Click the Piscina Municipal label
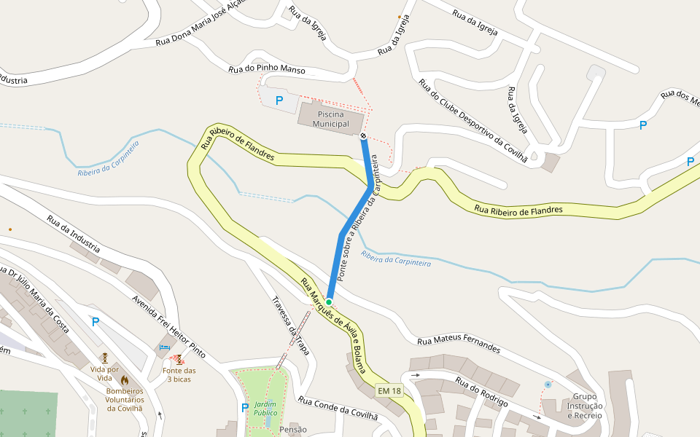pos(332,119)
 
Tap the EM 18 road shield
pos(389,391)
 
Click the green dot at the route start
pos(329,302)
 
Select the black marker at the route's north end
pos(363,135)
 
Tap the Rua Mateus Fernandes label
pos(459,345)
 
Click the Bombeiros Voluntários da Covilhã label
pos(124,399)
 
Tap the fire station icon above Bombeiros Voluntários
pos(125,380)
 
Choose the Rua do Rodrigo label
pos(481,390)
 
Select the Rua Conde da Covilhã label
pos(338,408)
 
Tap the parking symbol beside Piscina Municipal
pos(279,101)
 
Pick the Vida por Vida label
pos(105,369)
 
